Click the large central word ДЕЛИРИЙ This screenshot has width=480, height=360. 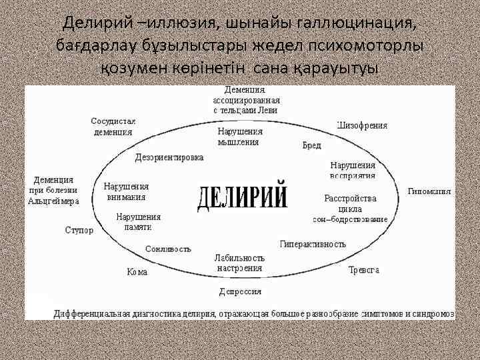[x=243, y=196]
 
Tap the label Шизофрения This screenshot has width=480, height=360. [x=363, y=125]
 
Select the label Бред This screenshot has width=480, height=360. [x=312, y=145]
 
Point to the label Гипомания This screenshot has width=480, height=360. [x=429, y=191]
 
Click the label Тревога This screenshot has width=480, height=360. [x=364, y=270]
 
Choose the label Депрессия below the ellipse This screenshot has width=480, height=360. [x=241, y=291]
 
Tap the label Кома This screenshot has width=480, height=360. [x=137, y=272]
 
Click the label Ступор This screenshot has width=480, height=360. [x=79, y=230]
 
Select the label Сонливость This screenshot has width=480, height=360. [x=168, y=249]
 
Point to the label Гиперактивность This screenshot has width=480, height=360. [x=313, y=244]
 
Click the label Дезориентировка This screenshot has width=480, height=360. [x=169, y=158]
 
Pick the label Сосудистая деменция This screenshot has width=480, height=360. [x=113, y=127]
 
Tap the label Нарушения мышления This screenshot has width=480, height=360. [x=239, y=137]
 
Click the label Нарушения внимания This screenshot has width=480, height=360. [x=126, y=192]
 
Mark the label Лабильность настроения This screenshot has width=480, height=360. [x=239, y=263]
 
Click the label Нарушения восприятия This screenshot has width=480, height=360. [x=353, y=170]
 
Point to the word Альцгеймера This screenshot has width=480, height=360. [x=54, y=201]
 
